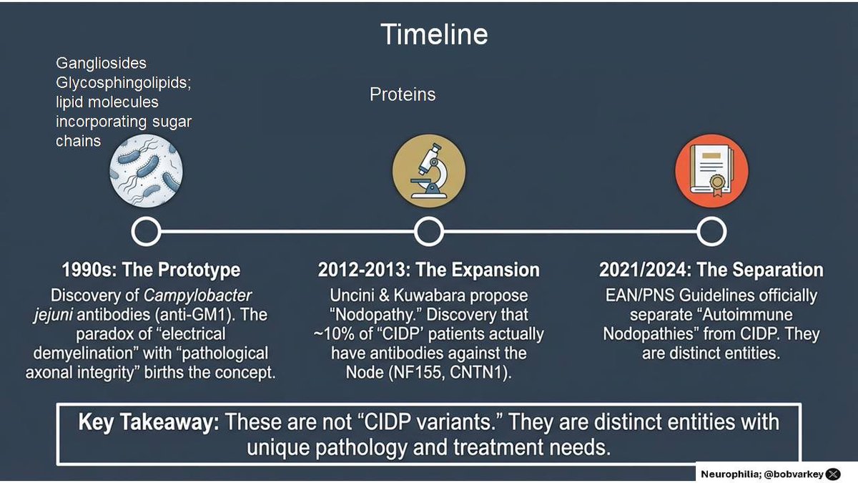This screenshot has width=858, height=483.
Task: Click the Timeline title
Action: click(x=434, y=34)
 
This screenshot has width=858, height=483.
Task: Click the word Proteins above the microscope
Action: click(x=402, y=94)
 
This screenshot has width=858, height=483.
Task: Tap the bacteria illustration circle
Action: click(x=146, y=171)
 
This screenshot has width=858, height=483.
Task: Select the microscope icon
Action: click(x=429, y=171)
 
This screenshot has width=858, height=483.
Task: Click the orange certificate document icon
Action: click(x=711, y=171)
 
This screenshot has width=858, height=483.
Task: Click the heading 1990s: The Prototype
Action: click(x=151, y=270)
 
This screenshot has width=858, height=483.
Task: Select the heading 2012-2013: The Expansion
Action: click(x=428, y=270)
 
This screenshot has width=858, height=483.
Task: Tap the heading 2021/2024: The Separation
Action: click(x=711, y=270)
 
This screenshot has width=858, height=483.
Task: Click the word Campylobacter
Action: click(x=197, y=296)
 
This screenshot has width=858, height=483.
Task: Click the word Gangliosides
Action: click(x=101, y=63)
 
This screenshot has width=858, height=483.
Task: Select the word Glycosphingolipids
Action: click(x=123, y=83)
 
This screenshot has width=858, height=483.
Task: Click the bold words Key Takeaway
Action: click(x=149, y=423)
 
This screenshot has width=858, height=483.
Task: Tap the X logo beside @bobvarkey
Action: click(x=833, y=474)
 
